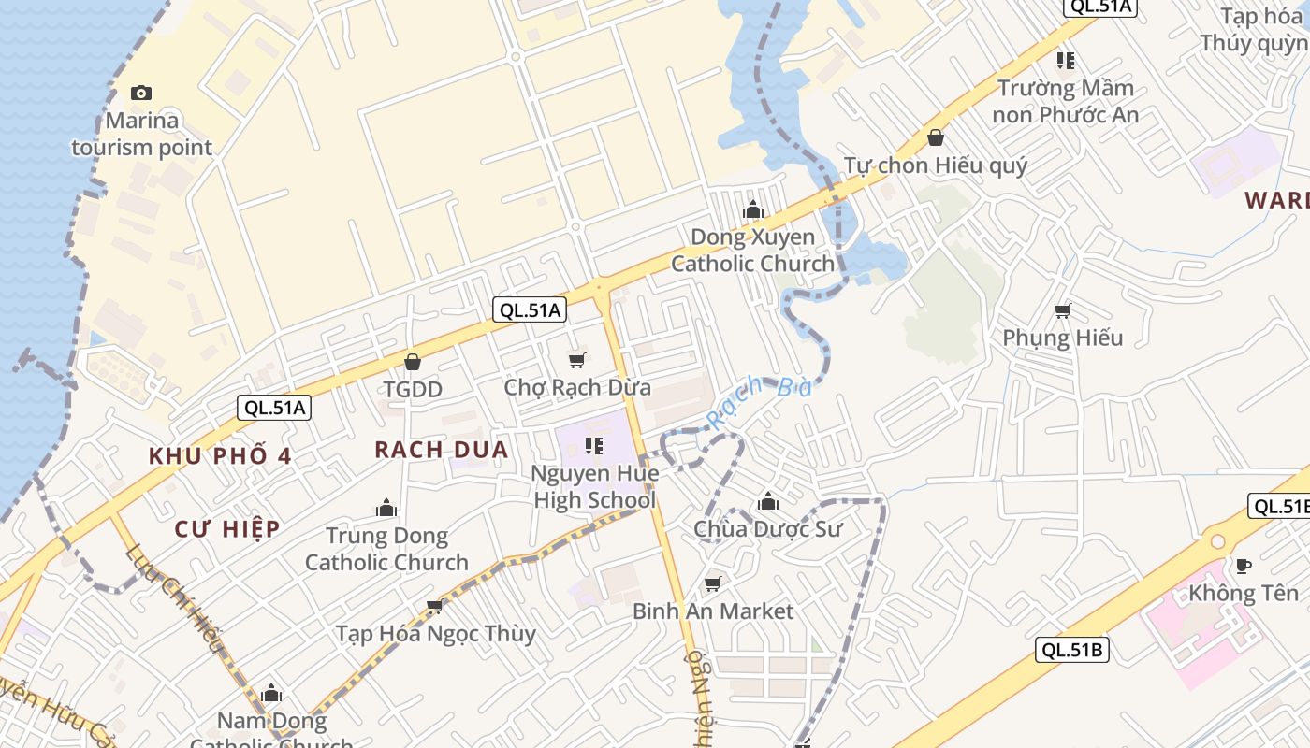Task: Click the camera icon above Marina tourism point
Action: (141, 93)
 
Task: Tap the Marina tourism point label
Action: (142, 134)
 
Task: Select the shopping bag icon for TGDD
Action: (413, 362)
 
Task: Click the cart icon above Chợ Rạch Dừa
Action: (577, 360)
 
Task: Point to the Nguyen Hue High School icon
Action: (594, 446)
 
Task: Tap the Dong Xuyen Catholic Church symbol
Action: (753, 210)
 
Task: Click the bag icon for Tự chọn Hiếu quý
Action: (935, 138)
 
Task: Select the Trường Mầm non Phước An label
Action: (1066, 101)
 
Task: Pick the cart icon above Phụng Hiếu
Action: (1063, 310)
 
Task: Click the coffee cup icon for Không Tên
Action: (1244, 566)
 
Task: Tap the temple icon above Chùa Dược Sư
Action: (768, 502)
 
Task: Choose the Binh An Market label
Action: (713, 611)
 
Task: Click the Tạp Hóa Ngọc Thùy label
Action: (436, 634)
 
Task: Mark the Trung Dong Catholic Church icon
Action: (386, 509)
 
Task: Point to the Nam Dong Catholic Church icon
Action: (272, 694)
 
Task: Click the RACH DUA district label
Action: (442, 450)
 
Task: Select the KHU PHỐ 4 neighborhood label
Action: (221, 456)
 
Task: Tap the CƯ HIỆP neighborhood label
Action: (227, 529)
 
